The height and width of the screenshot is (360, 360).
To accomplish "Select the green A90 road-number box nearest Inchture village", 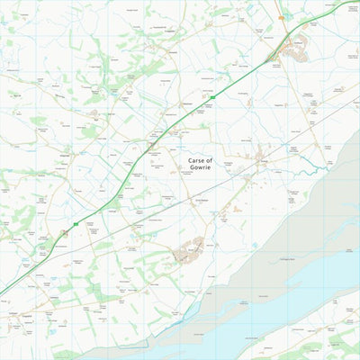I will [x=213, y=95].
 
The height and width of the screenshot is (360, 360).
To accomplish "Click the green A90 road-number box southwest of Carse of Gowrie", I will [x=76, y=224].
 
